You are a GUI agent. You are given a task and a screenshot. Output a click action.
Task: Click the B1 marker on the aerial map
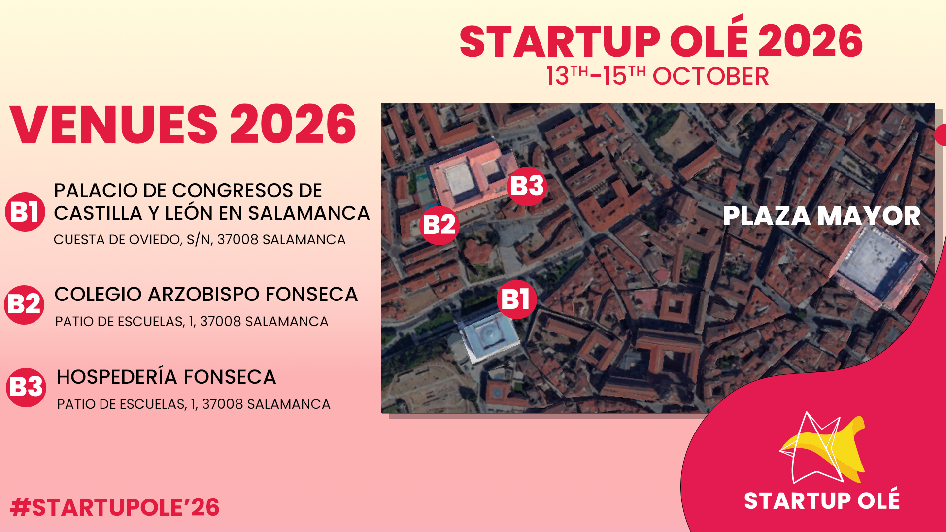pyautogui.click(x=516, y=299)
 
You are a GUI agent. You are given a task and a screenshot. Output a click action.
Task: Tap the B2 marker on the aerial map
pyautogui.click(x=439, y=225)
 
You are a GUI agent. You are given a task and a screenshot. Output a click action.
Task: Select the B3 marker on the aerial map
pyautogui.click(x=527, y=186)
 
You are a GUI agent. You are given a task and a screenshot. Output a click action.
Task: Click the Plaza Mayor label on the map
pyautogui.click(x=821, y=216)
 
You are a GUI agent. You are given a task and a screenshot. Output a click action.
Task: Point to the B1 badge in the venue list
pyautogui.click(x=25, y=212)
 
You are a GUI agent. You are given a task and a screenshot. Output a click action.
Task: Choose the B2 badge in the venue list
pyautogui.click(x=25, y=304)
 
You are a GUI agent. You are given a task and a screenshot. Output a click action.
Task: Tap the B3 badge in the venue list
pyautogui.click(x=27, y=387)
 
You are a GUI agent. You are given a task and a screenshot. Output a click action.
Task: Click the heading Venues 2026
pyautogui.click(x=183, y=124)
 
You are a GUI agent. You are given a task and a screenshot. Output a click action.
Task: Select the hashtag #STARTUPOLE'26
pyautogui.click(x=115, y=507)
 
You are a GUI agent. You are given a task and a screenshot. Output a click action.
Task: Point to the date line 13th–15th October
pyautogui.click(x=657, y=76)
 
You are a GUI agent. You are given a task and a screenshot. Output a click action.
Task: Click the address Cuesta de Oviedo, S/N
pyautogui.click(x=200, y=240)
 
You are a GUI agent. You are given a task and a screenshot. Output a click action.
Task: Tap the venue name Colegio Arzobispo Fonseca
pyautogui.click(x=206, y=294)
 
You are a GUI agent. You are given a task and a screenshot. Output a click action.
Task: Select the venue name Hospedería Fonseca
pyautogui.click(x=166, y=377)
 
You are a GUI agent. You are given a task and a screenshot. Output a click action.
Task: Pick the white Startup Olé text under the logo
pyautogui.click(x=821, y=500)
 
